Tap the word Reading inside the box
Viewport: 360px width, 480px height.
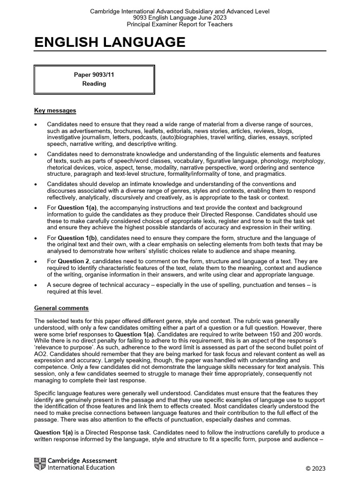point(94,84)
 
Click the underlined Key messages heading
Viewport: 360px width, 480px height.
point(55,111)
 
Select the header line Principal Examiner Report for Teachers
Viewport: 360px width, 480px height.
point(180,24)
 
